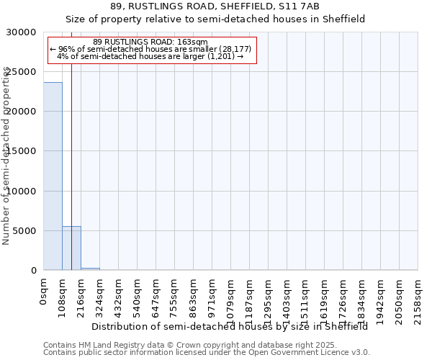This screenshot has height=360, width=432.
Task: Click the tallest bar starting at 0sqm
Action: [x=53, y=176]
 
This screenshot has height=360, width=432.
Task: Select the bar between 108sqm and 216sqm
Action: [x=71, y=248]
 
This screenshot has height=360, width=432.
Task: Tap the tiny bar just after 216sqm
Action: [x=90, y=269]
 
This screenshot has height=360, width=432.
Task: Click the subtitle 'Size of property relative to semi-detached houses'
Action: [x=215, y=19]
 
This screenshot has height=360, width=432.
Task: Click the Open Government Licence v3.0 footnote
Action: [x=207, y=353]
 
